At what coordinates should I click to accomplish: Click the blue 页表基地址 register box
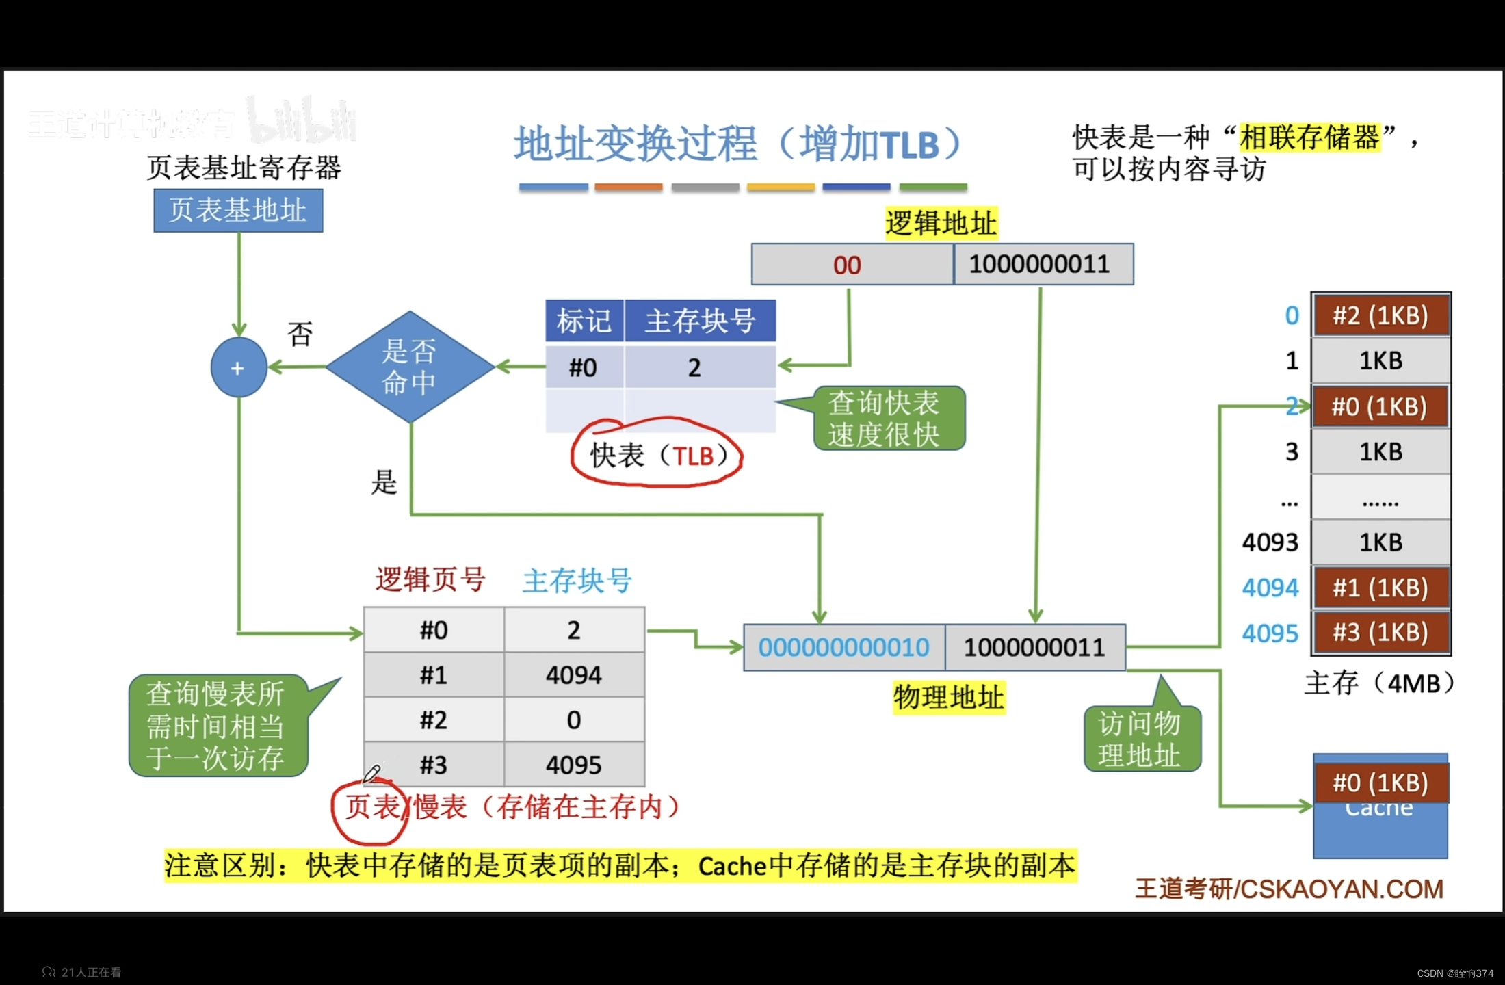coord(238,211)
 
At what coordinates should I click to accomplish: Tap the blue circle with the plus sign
coord(238,368)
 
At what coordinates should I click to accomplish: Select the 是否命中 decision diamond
coord(410,367)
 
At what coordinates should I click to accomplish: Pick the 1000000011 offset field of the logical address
coord(1040,265)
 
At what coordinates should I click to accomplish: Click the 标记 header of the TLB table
coord(584,321)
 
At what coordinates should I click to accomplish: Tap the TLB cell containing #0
coord(584,368)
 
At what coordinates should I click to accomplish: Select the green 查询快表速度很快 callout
coord(887,419)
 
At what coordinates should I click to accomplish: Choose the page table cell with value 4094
coord(574,675)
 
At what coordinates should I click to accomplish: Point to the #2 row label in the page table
coord(434,720)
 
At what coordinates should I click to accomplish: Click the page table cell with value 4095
coord(574,765)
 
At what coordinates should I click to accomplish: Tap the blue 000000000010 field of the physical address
coord(844,647)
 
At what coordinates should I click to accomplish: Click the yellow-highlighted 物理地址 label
coord(949,698)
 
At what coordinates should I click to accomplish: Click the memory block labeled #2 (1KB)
coord(1380,316)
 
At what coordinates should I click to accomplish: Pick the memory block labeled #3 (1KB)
coord(1380,633)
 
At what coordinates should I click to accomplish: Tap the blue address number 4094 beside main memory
coord(1270,588)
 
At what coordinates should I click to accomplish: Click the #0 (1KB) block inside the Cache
coord(1380,783)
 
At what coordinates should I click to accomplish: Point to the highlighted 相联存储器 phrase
coord(1309,137)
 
